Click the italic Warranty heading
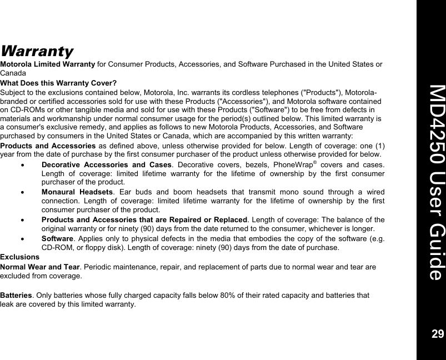coord(37,52)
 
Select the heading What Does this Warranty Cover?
coord(58,83)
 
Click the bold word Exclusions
coord(19,258)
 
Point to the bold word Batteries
coord(16,296)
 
